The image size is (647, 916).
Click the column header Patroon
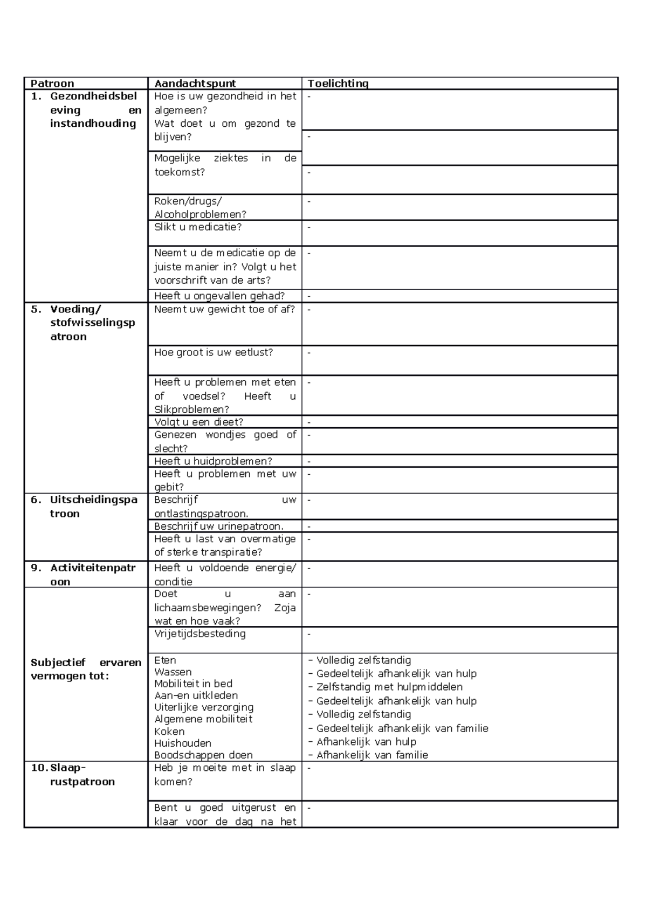52,84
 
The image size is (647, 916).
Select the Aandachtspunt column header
195,84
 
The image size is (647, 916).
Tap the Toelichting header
338,84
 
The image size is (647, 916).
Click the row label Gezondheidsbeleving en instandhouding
93,110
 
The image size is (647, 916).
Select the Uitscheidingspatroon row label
93,507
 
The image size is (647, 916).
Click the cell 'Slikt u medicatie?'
198,227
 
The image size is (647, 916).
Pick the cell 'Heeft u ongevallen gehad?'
219,296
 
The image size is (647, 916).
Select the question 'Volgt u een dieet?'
198,422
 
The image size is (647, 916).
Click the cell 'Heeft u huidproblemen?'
213,461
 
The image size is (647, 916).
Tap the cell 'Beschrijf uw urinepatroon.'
219,526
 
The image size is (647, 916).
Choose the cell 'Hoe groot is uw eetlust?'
214,352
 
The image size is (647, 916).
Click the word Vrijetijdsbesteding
200,634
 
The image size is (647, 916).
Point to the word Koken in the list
169,732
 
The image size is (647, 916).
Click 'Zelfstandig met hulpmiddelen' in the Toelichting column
389,687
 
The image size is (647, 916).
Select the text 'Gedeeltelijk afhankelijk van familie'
402,728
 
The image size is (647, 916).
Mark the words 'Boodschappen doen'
203,755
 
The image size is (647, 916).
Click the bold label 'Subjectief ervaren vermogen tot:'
86,669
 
